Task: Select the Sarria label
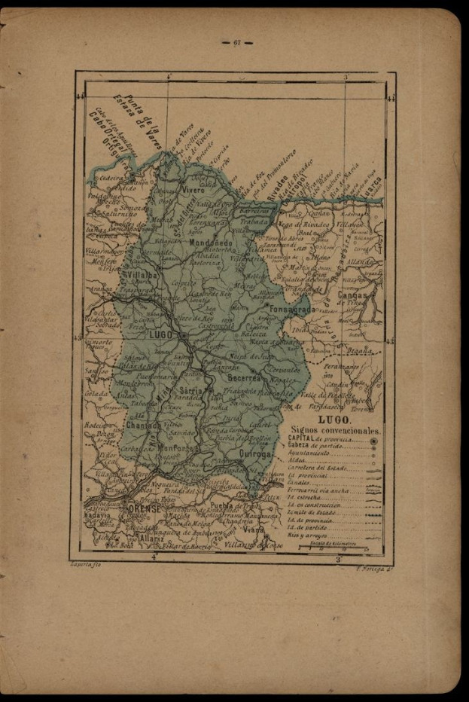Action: click(x=193, y=391)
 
